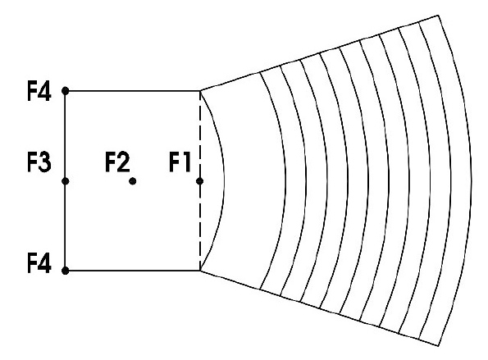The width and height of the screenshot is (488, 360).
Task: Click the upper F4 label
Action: (39, 91)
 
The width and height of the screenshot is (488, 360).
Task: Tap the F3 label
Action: (39, 162)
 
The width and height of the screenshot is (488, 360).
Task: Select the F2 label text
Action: (117, 162)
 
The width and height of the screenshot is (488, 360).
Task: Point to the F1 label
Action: (180, 162)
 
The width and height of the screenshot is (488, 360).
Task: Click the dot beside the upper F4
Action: (66, 91)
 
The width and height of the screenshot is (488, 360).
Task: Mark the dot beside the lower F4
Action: (66, 271)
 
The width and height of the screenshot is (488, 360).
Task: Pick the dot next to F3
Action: (66, 181)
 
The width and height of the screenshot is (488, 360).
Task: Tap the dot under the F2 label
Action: (133, 181)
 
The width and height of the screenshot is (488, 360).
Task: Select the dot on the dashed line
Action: (200, 181)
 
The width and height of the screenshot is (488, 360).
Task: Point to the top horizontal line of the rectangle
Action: (133, 91)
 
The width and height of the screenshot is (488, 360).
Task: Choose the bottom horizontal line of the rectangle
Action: (133, 271)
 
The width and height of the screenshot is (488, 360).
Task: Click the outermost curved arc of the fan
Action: (471, 181)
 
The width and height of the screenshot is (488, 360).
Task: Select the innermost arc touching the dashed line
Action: (224, 181)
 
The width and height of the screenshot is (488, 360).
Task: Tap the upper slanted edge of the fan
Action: (319, 53)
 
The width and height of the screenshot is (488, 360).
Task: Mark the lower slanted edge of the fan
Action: (319, 308)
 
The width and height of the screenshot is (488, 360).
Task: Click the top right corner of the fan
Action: (438, 16)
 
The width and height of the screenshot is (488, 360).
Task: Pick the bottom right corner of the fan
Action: (438, 345)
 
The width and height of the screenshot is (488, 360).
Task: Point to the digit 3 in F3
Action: (45, 162)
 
